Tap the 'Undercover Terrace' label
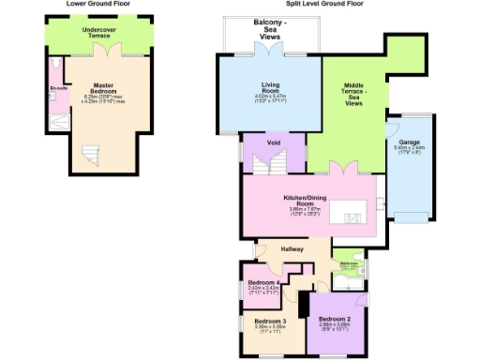click(101, 32)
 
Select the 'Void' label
click(274, 142)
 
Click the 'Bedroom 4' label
click(262, 285)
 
